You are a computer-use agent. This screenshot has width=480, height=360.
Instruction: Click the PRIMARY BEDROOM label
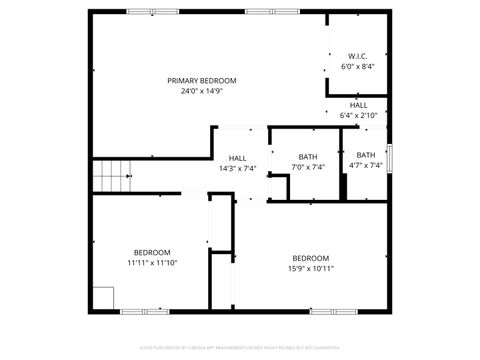[201, 81]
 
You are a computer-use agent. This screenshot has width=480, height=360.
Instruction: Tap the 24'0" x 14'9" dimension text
[201, 91]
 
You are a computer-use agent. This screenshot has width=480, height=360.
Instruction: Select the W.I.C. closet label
[357, 55]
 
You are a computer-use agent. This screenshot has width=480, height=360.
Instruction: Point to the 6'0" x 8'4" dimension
[357, 66]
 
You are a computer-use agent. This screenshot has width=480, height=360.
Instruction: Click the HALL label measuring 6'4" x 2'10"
[358, 105]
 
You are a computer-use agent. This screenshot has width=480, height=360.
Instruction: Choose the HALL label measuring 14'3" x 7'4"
[238, 158]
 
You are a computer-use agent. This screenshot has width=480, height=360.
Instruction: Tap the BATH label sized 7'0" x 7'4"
[308, 157]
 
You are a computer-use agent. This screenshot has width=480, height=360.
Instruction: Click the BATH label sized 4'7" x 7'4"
[366, 155]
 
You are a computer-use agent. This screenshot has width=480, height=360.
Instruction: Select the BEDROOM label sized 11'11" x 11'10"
[152, 252]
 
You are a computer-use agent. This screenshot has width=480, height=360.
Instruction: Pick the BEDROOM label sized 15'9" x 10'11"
[311, 257]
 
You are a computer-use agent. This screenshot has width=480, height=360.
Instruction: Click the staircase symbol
[112, 176]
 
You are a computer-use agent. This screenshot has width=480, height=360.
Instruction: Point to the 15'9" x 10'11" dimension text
[311, 268]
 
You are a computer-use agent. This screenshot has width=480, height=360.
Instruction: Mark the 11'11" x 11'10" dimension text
[152, 263]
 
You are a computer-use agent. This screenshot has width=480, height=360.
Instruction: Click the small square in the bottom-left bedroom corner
[103, 298]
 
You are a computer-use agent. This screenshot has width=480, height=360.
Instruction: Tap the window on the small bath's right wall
[388, 159]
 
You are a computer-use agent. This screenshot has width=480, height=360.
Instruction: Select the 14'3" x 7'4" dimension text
[238, 168]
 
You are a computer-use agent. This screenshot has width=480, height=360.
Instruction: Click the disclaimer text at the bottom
[240, 348]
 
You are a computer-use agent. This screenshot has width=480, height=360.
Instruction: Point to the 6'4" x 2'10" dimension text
[358, 115]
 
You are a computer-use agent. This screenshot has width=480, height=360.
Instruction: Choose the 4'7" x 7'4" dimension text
[366, 166]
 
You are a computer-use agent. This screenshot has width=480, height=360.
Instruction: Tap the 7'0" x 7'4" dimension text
[308, 167]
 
